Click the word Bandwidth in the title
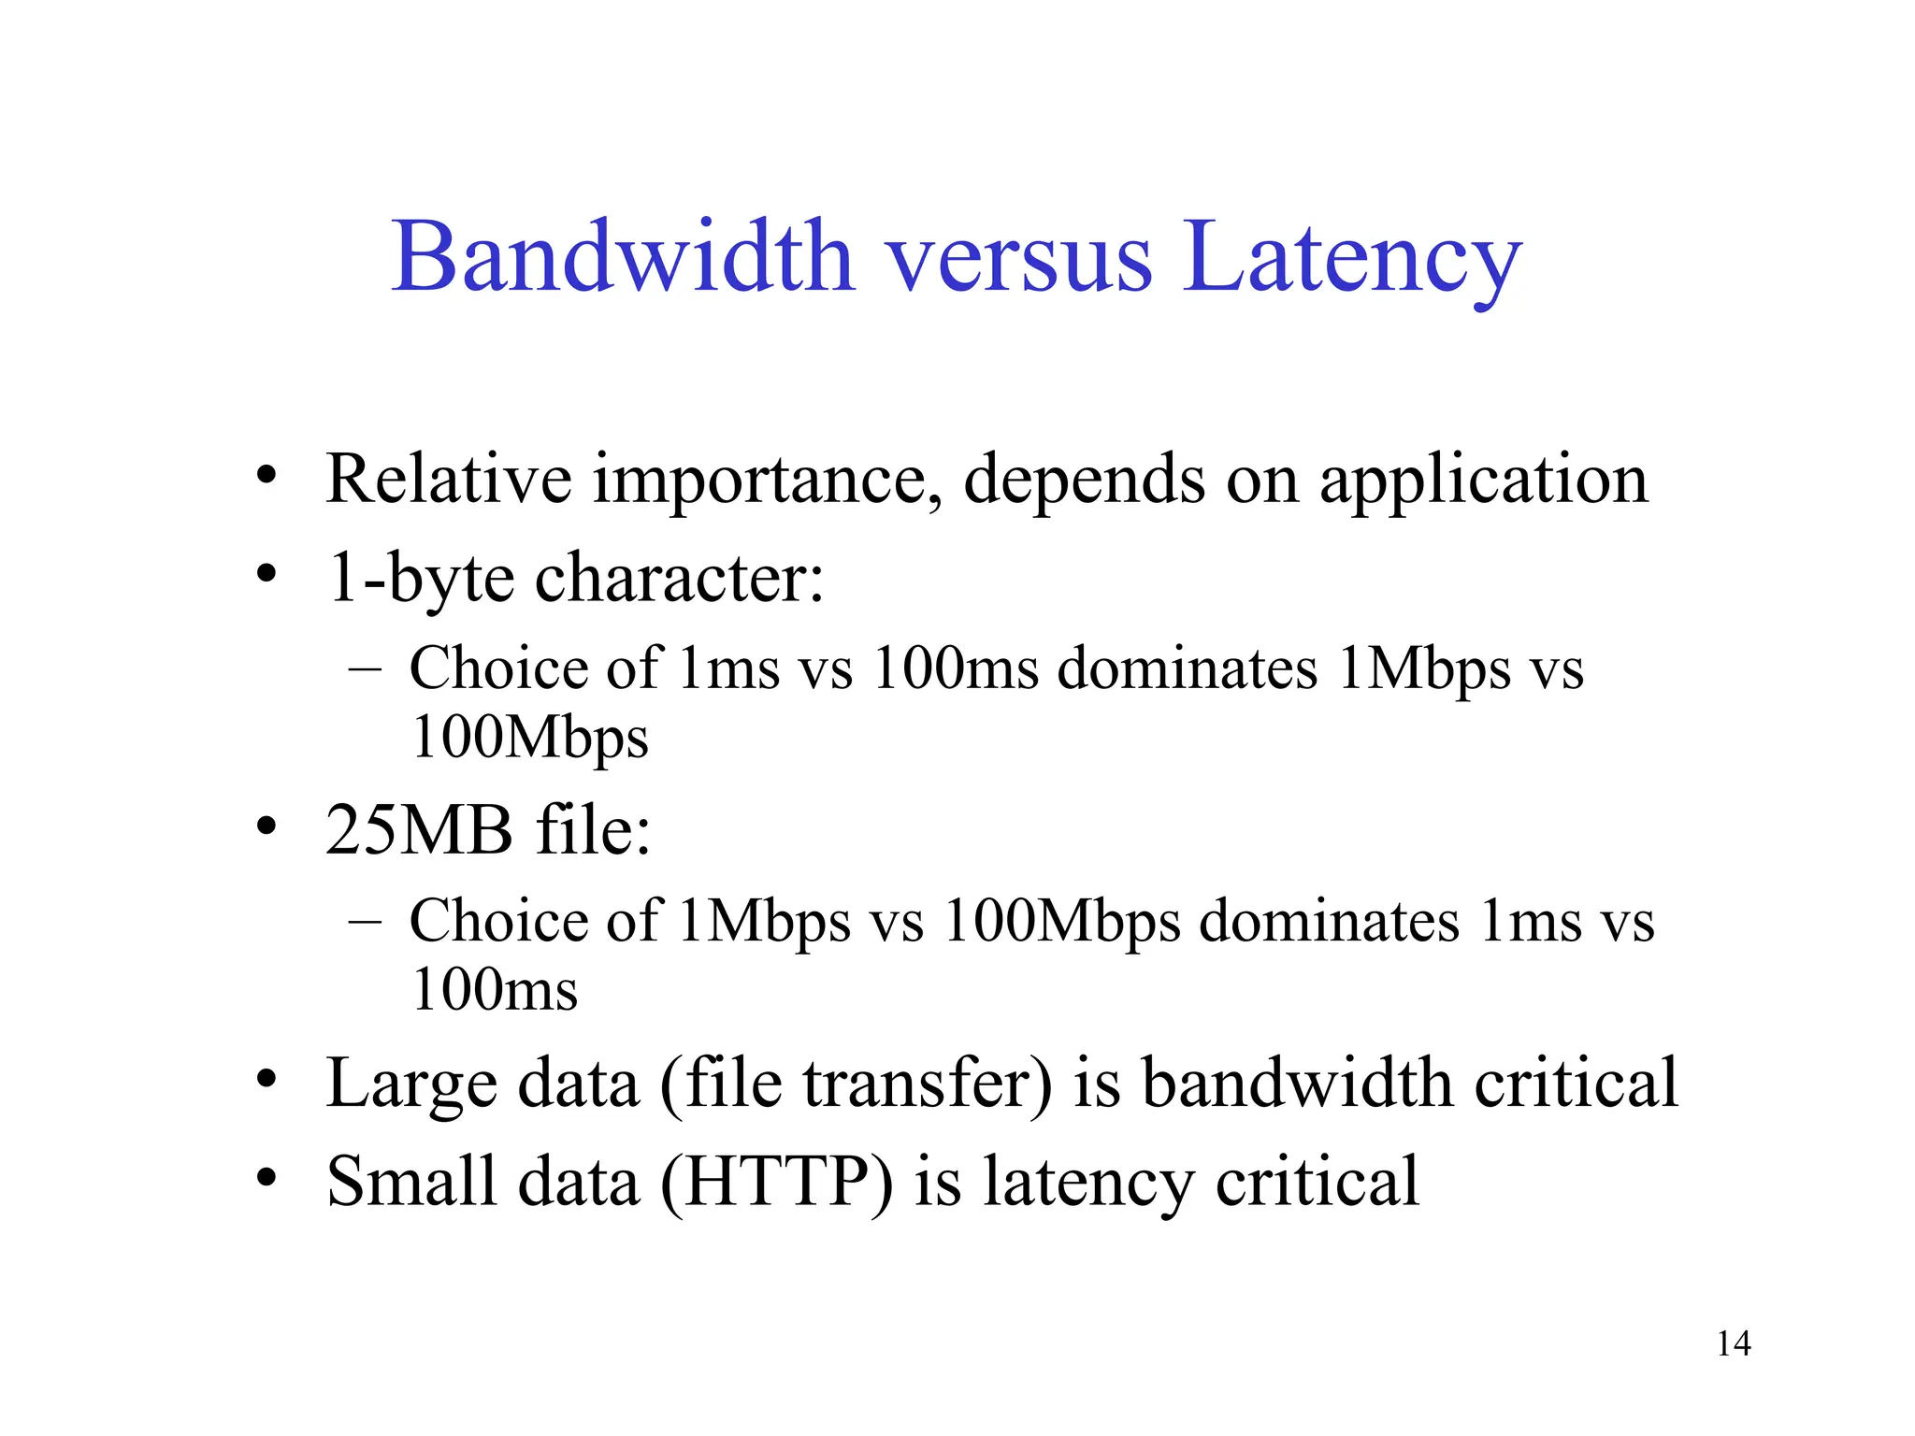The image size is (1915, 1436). click(x=623, y=257)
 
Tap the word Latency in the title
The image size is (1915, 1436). click(x=1351, y=257)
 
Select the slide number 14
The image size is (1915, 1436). click(x=1734, y=1343)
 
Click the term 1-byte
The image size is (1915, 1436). click(x=420, y=578)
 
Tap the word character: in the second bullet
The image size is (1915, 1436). click(x=680, y=578)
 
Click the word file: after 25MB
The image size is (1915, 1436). click(x=593, y=830)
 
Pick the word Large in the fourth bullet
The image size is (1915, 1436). click(x=410, y=1083)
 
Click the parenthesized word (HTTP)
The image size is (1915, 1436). click(x=776, y=1182)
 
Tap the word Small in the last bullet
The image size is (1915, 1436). click(x=411, y=1182)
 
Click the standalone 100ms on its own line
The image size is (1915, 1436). click(x=495, y=991)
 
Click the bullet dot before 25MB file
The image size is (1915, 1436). click(x=266, y=826)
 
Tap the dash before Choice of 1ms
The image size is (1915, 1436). click(x=365, y=668)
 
